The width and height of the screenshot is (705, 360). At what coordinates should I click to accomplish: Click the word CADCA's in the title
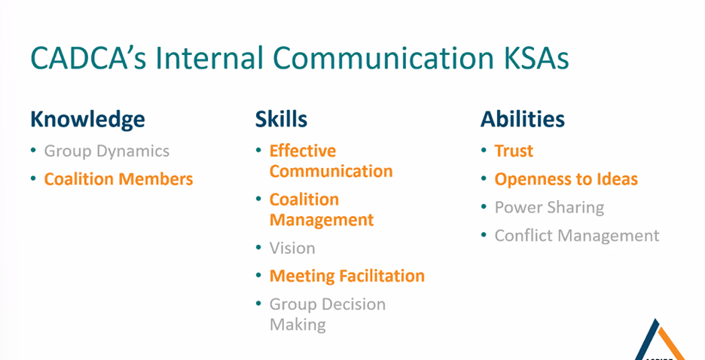coord(89,57)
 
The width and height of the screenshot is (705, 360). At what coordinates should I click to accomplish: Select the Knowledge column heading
coord(87,120)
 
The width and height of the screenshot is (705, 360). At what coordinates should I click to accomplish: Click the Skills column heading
coord(282,120)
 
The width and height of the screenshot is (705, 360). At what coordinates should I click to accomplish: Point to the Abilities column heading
coord(523,120)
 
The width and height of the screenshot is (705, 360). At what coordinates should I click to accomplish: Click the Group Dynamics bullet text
coord(106,151)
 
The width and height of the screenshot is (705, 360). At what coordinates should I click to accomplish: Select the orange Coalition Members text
coord(119,179)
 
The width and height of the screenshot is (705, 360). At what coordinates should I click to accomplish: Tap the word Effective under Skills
coord(303,151)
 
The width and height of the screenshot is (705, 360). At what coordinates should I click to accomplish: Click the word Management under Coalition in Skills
coord(322,220)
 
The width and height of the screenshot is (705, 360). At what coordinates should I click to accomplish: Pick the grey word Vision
coord(292,248)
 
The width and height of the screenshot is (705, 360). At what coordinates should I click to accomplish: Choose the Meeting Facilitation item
coord(347,276)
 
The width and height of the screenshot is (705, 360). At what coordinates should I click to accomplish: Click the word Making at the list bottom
coord(298,325)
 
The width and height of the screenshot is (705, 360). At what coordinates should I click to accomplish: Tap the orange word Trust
coord(514,151)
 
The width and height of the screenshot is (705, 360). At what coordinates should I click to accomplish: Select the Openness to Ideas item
coord(566,179)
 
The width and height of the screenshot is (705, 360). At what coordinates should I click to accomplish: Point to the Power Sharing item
coord(549,208)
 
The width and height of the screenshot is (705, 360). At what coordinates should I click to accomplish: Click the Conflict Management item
coord(577,236)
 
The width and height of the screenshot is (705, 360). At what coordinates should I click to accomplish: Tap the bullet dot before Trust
coord(484,151)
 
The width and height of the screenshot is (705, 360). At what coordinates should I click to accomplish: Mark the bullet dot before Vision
coord(258,248)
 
